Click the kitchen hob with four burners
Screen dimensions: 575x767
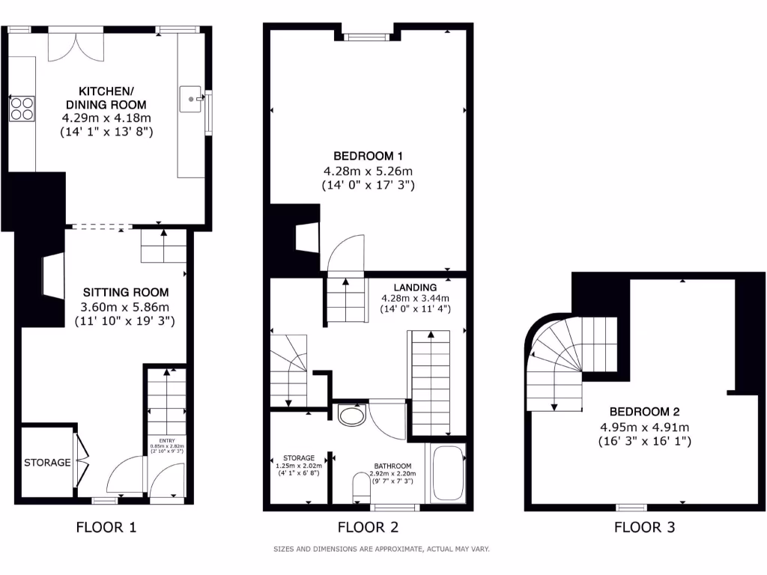pyautogui.click(x=22, y=109)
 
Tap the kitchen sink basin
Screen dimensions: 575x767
pyautogui.click(x=192, y=98)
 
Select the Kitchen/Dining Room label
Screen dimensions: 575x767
pyautogui.click(x=106, y=97)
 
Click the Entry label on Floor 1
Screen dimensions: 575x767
pyautogui.click(x=166, y=440)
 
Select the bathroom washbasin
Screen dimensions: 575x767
pyautogui.click(x=351, y=415)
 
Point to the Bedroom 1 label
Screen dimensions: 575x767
pyautogui.click(x=368, y=156)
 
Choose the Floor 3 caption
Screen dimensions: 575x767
pyautogui.click(x=644, y=527)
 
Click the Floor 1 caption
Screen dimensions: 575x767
pyautogui.click(x=106, y=527)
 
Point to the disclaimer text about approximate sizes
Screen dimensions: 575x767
pyautogui.click(x=381, y=549)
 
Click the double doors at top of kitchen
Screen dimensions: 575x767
pyautogui.click(x=73, y=46)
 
